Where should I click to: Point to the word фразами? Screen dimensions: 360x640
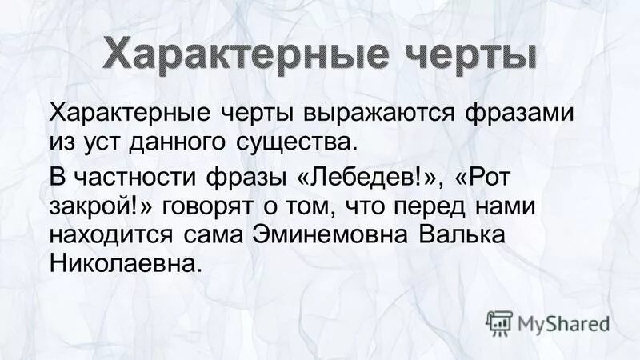[x=522, y=114]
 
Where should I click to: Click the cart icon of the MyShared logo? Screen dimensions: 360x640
[x=498, y=323]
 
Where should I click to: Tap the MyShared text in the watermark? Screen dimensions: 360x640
[x=564, y=325]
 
